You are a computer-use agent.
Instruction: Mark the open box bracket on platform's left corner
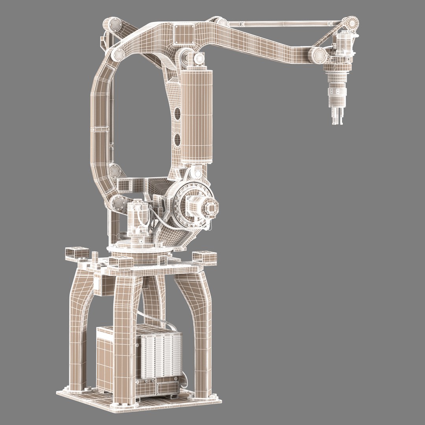(76, 252)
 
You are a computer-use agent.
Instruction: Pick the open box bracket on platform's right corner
(205, 257)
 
